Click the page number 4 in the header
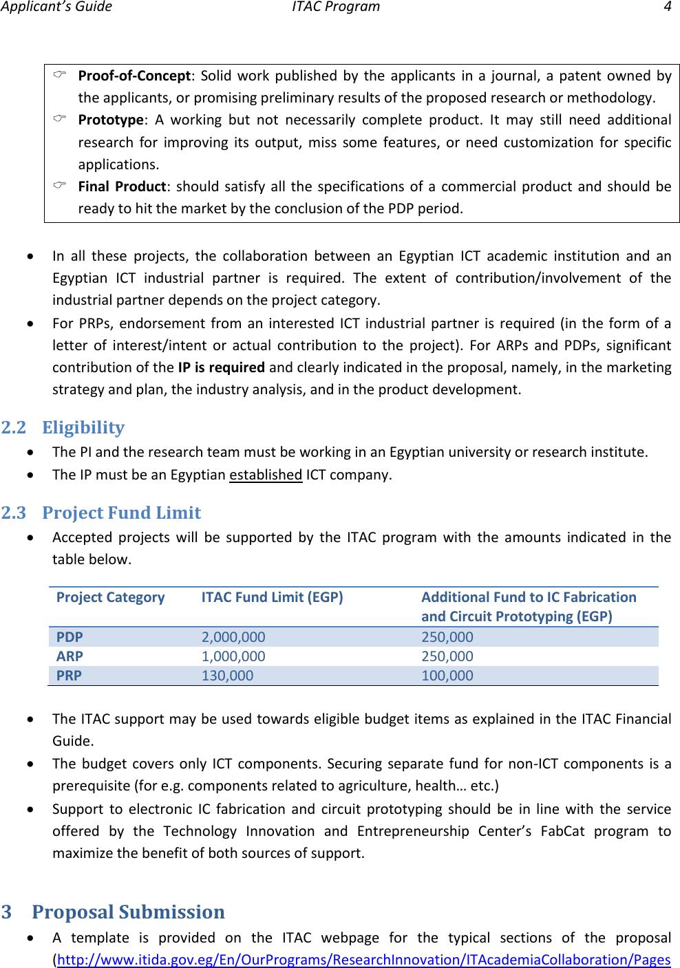coord(667,7)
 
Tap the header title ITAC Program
coord(335,7)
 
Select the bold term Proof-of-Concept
coord(134,76)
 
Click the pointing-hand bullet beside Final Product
coord(60,185)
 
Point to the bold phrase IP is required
coord(221,367)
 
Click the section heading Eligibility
coord(83,427)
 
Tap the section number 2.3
coord(14,513)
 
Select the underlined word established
coord(266,475)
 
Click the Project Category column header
coord(110,597)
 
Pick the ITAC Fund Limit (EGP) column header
coord(272,597)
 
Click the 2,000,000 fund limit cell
coord(233,637)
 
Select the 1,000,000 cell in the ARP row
coord(233,656)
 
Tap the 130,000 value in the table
coord(227,676)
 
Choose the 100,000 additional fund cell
coord(447,676)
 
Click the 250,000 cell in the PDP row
coord(447,637)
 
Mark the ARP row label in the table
coord(70,656)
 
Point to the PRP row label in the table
coord(69,676)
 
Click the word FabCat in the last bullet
coord(562,831)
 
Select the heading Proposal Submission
coord(128,912)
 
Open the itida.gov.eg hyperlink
coord(363,960)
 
